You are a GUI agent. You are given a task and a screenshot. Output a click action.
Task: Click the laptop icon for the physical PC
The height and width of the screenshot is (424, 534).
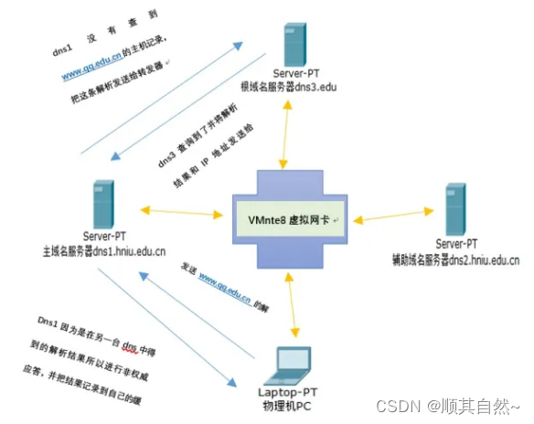291,362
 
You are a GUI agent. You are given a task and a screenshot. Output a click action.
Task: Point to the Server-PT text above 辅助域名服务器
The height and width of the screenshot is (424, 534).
456,244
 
